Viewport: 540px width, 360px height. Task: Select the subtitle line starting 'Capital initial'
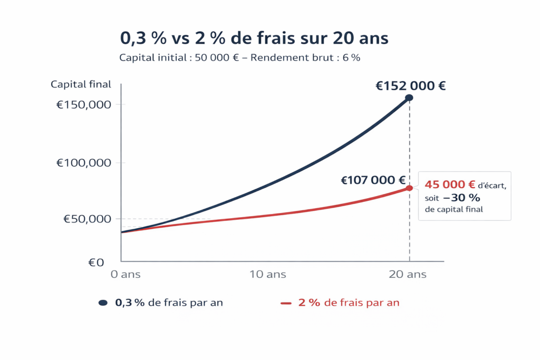click(240, 58)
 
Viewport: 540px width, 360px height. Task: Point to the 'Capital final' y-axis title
click(81, 84)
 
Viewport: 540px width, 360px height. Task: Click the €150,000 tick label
click(84, 104)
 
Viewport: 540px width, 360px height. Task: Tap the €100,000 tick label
click(84, 163)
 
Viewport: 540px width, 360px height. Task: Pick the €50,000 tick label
click(86, 219)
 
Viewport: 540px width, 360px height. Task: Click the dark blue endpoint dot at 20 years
click(409, 98)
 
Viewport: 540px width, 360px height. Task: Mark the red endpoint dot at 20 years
click(409, 188)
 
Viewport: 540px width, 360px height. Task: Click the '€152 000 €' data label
click(410, 86)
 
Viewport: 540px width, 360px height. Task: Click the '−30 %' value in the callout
click(461, 198)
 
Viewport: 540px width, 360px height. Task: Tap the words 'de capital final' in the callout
click(454, 210)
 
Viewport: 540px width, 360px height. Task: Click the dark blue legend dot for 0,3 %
click(103, 303)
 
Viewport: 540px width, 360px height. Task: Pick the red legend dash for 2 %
click(286, 303)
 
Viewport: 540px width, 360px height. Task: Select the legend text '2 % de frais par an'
click(349, 303)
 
